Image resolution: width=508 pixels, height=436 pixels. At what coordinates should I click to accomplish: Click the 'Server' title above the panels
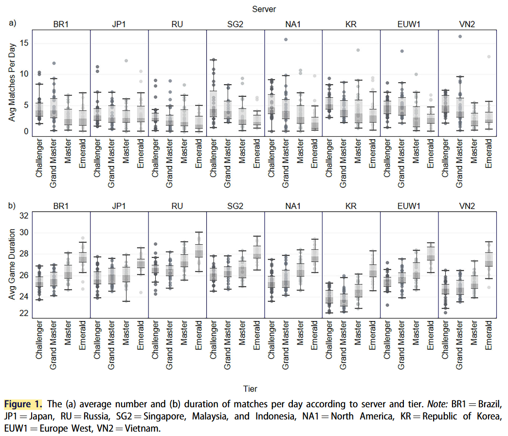tap(264, 9)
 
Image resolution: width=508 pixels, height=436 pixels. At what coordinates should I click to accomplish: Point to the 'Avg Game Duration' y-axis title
tap(15, 265)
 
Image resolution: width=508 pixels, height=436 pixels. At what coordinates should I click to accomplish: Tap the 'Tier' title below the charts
tap(251, 388)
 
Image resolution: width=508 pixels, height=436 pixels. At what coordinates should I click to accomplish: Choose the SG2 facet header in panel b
tap(235, 206)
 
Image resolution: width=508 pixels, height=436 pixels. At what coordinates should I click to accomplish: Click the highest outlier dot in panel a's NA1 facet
tap(286, 39)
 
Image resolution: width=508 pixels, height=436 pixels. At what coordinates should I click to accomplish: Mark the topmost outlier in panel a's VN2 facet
tap(460, 36)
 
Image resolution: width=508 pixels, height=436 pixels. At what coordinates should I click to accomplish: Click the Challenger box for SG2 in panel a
tap(213, 104)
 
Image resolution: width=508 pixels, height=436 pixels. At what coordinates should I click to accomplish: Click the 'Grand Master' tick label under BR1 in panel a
tap(54, 163)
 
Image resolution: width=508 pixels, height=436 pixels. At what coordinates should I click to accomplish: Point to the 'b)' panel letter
tap(13, 206)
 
